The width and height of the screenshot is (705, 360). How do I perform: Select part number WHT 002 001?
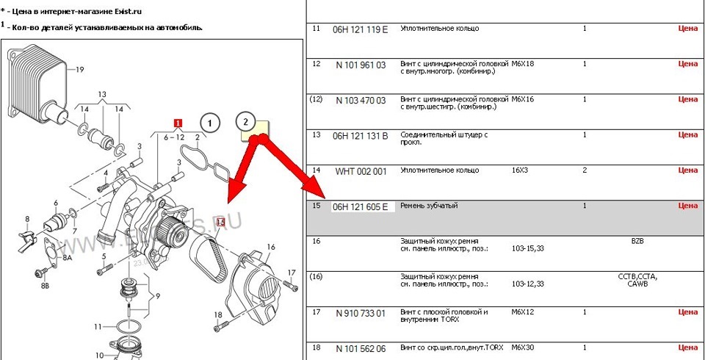click(x=360, y=171)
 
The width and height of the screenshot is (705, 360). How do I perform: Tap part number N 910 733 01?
click(x=360, y=313)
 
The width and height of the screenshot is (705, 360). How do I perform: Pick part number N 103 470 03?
click(x=360, y=100)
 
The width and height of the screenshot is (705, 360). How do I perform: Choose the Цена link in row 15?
click(x=687, y=206)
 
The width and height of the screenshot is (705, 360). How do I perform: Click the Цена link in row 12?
click(x=687, y=64)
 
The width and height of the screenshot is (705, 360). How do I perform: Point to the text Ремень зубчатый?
click(x=429, y=206)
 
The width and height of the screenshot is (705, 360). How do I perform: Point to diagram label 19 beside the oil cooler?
click(x=80, y=70)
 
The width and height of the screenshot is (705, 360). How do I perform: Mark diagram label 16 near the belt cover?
click(x=270, y=248)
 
